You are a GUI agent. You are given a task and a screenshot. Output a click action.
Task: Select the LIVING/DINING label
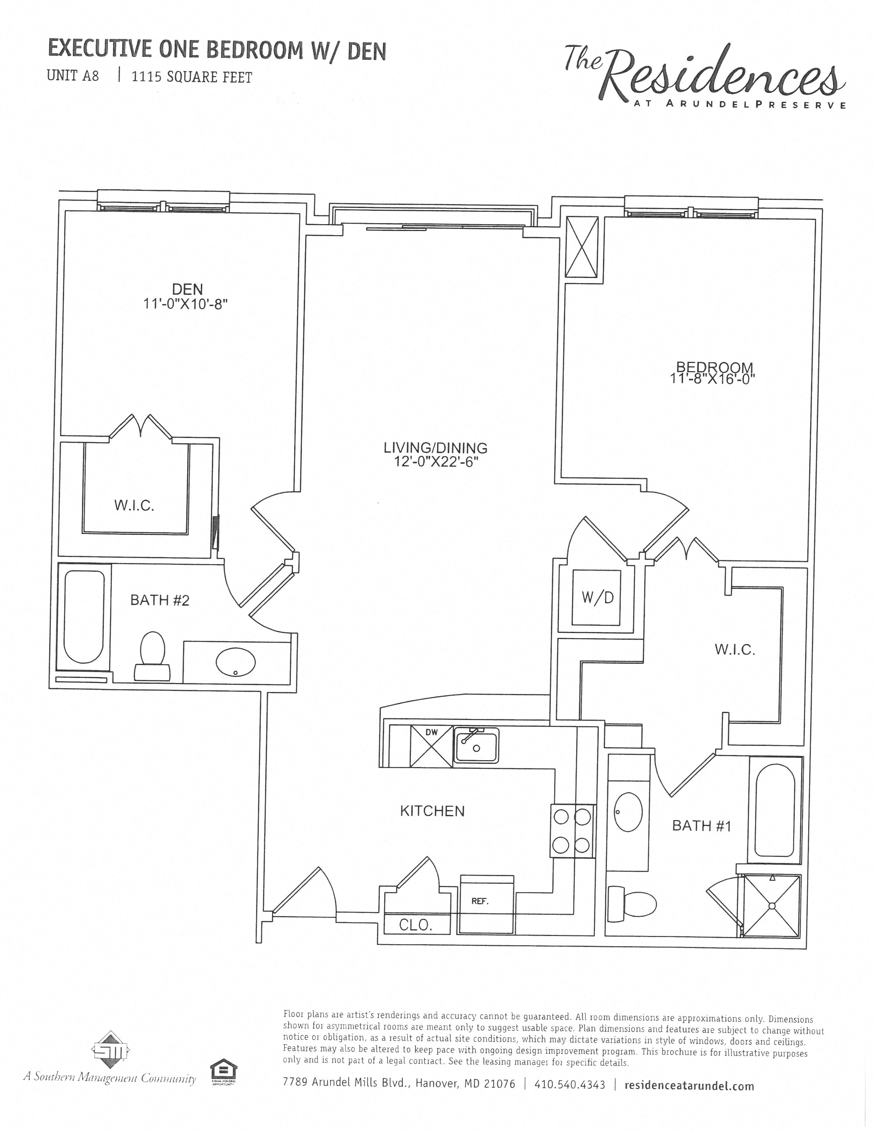(435, 447)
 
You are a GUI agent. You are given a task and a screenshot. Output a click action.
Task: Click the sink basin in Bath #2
(235, 662)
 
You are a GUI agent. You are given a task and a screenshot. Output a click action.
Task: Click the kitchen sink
(476, 746)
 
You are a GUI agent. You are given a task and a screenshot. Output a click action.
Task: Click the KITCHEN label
(432, 811)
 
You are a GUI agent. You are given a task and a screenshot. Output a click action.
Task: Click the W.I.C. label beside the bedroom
(735, 649)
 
